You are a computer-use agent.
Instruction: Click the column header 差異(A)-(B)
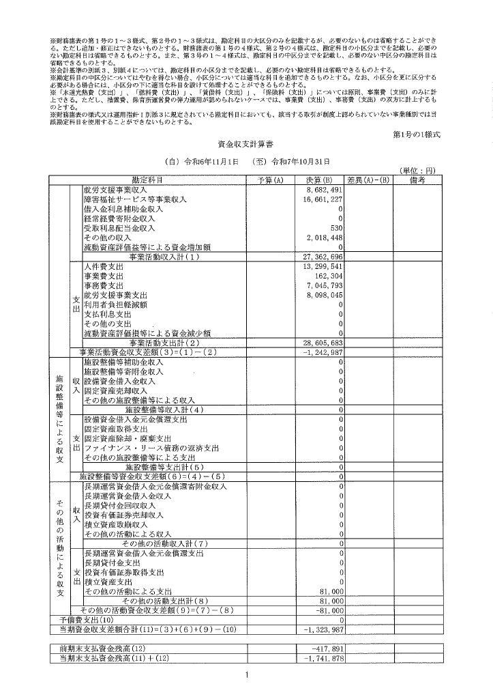tap(368, 180)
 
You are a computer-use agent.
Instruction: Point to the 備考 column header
tap(417, 180)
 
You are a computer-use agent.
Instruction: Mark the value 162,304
tap(327, 276)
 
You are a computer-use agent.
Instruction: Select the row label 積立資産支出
tap(113, 582)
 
